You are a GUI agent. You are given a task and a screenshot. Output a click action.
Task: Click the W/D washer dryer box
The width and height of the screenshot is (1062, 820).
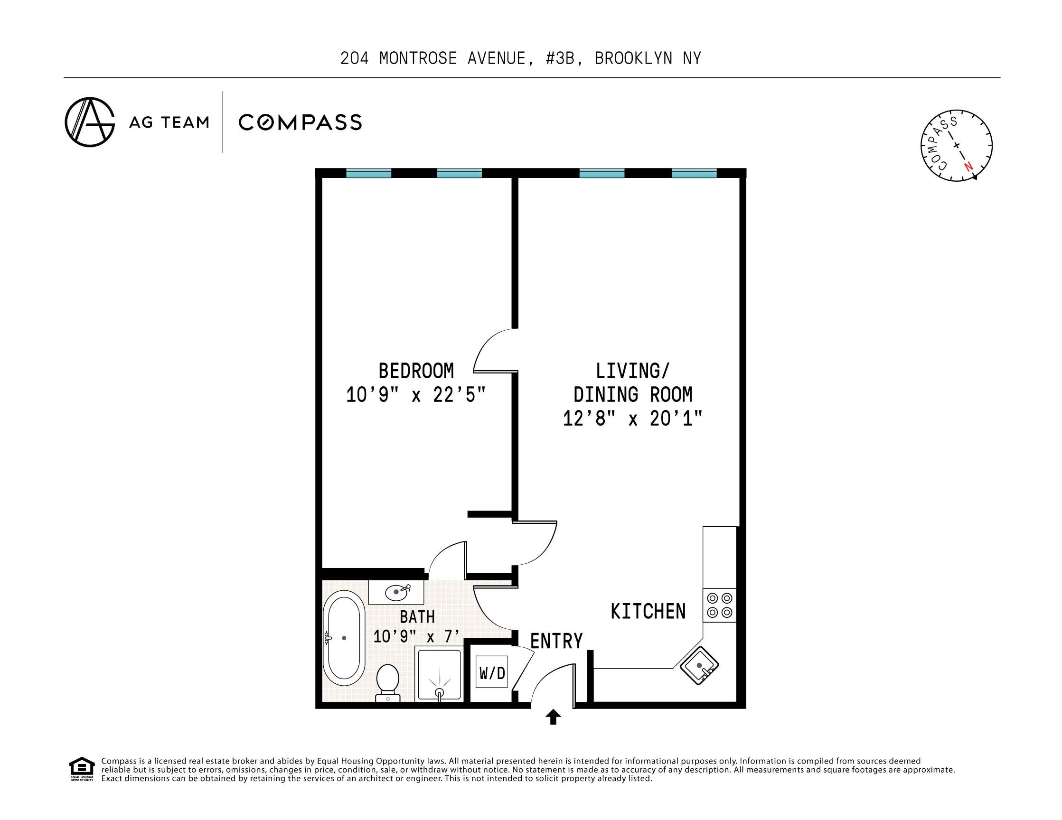point(492,672)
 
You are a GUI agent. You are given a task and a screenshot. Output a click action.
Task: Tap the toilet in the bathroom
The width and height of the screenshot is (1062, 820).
point(387,682)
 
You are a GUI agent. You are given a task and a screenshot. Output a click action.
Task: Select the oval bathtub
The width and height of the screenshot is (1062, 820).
point(344,638)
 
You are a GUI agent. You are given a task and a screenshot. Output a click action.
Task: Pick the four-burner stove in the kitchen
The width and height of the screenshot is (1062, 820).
point(720,605)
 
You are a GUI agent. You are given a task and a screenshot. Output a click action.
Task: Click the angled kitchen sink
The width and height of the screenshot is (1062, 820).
point(699,665)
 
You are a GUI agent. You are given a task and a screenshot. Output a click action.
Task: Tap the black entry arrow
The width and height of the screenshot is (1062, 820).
point(553,717)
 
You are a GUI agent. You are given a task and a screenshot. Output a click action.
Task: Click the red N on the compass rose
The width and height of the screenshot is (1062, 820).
point(968,166)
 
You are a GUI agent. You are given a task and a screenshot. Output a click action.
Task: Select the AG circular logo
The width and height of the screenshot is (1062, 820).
point(90,122)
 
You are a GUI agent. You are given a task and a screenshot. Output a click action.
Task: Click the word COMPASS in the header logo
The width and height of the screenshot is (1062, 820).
point(300,122)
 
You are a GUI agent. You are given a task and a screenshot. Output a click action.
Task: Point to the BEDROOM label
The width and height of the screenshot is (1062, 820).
point(416,372)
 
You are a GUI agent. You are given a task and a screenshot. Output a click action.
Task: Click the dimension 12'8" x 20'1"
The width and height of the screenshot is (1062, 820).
point(632,419)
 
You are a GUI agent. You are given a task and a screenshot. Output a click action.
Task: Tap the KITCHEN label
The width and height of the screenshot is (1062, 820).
point(648,612)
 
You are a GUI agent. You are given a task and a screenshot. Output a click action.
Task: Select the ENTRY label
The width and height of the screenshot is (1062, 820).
point(556,641)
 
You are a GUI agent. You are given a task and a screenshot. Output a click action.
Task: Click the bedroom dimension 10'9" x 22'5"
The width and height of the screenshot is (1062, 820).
point(416,395)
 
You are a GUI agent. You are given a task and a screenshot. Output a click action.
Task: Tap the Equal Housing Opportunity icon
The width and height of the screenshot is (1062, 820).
point(82,768)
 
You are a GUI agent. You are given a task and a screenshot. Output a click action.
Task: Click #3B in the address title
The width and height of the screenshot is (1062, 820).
point(563,58)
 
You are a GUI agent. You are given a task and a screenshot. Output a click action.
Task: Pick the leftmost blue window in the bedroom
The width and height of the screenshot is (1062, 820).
point(368,173)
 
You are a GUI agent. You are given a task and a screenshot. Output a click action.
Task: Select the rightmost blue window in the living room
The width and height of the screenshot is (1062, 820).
point(694,173)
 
